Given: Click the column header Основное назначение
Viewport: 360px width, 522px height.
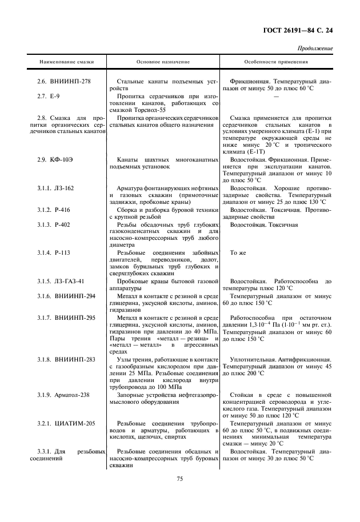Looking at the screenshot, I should click(163, 61).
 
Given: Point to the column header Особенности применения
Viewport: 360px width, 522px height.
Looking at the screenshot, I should click(276, 61).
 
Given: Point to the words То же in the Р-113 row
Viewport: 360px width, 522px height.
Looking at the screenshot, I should click(238, 252).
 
